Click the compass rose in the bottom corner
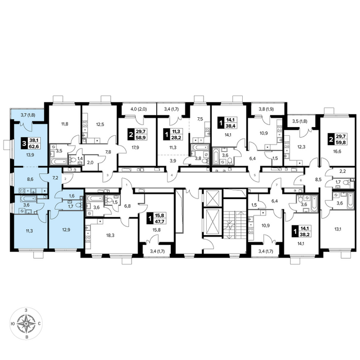tap(26, 323)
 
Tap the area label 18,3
tap(110, 236)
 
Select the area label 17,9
tap(135, 148)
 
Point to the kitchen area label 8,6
tap(30, 179)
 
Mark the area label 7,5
tap(200, 119)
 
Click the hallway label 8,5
tap(318, 180)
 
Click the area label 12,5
tap(100, 124)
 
